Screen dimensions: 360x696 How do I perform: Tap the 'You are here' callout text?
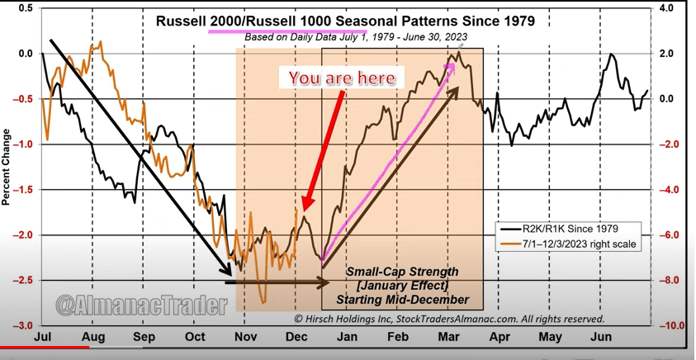[x=342, y=78]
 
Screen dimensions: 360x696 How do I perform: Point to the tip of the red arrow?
[x=305, y=211]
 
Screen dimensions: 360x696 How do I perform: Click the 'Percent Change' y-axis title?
[x=7, y=167]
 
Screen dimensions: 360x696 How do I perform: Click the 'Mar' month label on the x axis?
[x=449, y=338]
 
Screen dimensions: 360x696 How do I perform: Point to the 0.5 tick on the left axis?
[x=24, y=8]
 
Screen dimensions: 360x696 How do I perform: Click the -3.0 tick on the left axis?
[x=22, y=325]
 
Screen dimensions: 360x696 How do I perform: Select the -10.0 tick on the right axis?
[x=670, y=325]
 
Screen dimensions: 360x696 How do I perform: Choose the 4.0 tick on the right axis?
[x=667, y=8]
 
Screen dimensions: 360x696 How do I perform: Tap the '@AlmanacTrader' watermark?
[x=141, y=306]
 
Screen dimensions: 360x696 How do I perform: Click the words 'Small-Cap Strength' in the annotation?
[x=402, y=271]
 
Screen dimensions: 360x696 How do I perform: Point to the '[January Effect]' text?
[x=402, y=285]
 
